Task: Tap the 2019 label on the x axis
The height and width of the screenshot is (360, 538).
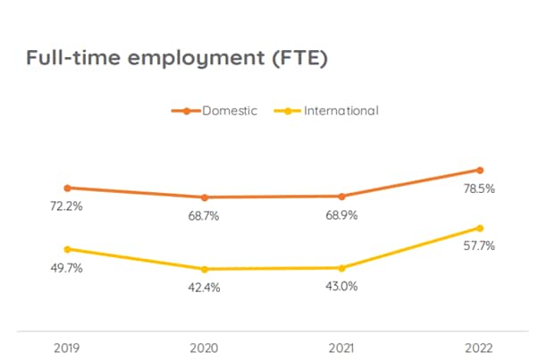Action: [67, 346]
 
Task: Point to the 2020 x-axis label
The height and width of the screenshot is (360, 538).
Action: [205, 346]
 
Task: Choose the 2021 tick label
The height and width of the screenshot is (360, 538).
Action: [342, 346]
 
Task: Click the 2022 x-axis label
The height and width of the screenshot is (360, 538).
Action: [479, 346]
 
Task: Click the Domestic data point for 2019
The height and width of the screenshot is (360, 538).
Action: [67, 188]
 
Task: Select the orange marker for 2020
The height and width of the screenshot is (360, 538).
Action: [205, 197]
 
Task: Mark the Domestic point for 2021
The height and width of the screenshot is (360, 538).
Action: [342, 197]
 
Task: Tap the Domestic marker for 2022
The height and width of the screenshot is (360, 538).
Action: [480, 170]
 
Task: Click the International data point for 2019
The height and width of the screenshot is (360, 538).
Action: [67, 249]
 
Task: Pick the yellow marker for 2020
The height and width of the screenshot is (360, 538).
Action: [205, 269]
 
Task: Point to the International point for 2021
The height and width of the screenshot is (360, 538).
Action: [342, 268]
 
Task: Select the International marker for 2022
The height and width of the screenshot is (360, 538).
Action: [480, 228]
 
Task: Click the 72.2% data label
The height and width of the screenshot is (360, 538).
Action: [67, 206]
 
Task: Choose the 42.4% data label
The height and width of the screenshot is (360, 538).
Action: [205, 288]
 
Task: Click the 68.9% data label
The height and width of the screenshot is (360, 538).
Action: [342, 215]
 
